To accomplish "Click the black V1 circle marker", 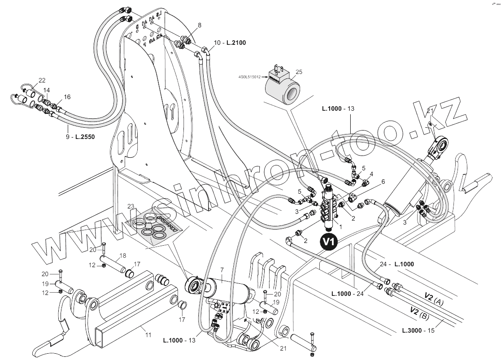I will pyautogui.click(x=330, y=242).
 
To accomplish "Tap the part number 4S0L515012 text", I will pyautogui.click(x=250, y=77).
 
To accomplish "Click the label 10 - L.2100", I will pyautogui.click(x=230, y=43).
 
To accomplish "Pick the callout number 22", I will pyautogui.click(x=42, y=80).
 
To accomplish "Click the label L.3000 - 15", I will pyautogui.click(x=418, y=331).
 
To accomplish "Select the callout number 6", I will pyautogui.click(x=383, y=182).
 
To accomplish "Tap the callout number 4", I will pyautogui.click(x=371, y=173).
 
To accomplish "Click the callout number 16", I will pyautogui.click(x=67, y=97).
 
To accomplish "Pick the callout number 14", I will pyautogui.click(x=47, y=90).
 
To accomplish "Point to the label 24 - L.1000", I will pyautogui.click(x=396, y=264).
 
